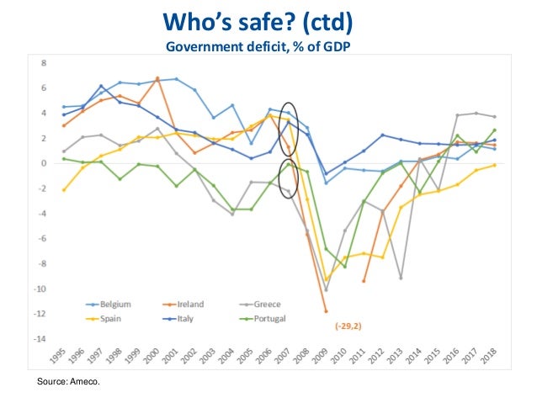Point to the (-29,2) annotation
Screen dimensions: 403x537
point(349,324)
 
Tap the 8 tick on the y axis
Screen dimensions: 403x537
point(44,63)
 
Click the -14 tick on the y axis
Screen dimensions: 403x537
point(42,339)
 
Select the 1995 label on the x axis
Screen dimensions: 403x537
point(56,359)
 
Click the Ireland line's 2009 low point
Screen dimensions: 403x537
point(326,311)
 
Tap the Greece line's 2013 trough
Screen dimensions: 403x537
point(401,278)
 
